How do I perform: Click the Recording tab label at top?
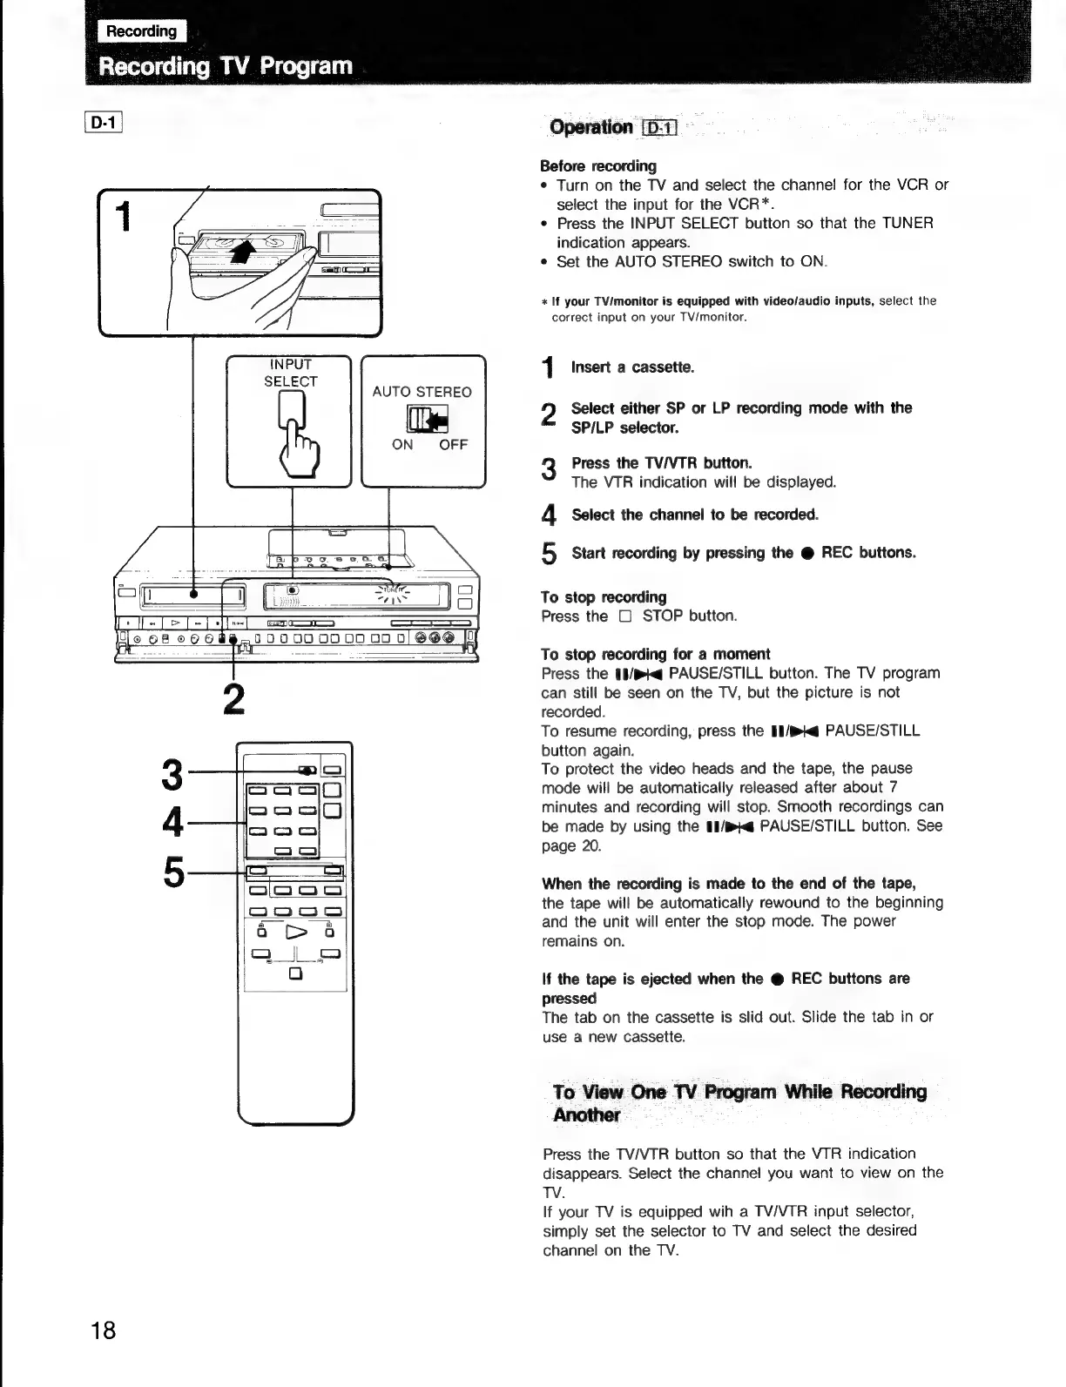pos(141,31)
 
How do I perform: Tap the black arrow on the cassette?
pos(246,251)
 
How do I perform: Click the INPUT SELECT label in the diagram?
pos(290,373)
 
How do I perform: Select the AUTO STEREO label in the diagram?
pos(422,392)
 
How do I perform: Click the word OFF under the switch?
pos(453,444)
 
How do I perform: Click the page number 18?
pos(103,1331)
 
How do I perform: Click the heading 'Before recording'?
pos(598,165)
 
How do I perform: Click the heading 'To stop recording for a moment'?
pos(655,654)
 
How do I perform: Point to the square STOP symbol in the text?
pos(623,616)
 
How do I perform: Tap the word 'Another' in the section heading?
pos(587,1115)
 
